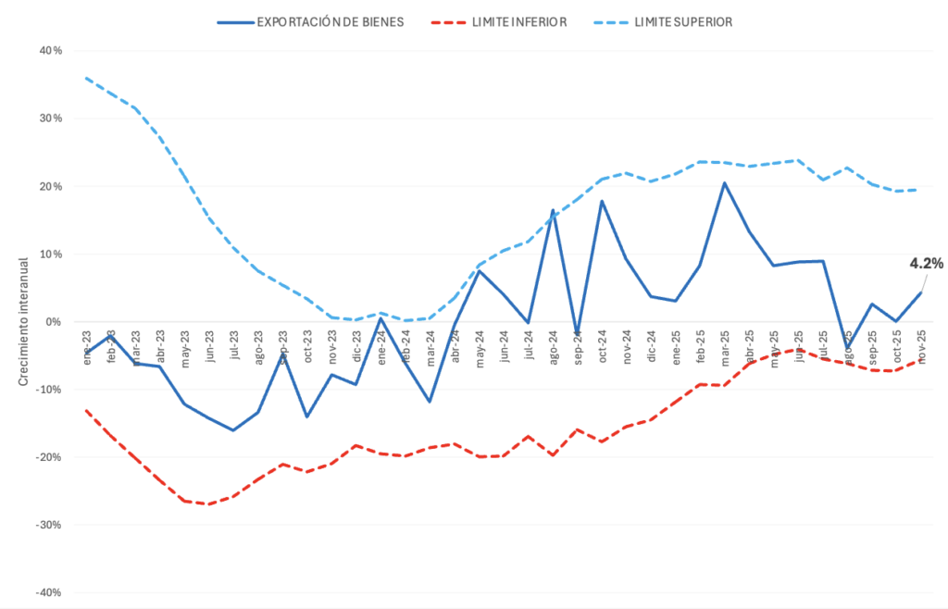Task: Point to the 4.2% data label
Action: pyautogui.click(x=926, y=264)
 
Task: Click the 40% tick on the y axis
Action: pyautogui.click(x=50, y=51)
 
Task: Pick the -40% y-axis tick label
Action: pyautogui.click(x=48, y=592)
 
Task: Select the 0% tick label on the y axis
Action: pyautogui.click(x=54, y=322)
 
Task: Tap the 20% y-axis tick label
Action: pyautogui.click(x=50, y=186)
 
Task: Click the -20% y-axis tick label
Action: pyautogui.click(x=48, y=457)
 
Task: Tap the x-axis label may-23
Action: pyautogui.click(x=184, y=348)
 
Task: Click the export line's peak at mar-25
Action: pyautogui.click(x=725, y=183)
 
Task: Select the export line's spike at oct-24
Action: pyautogui.click(x=602, y=201)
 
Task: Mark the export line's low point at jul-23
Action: pyautogui.click(x=233, y=430)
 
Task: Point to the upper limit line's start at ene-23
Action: pyautogui.click(x=86, y=78)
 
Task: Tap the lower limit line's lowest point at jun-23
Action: pyautogui.click(x=209, y=504)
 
